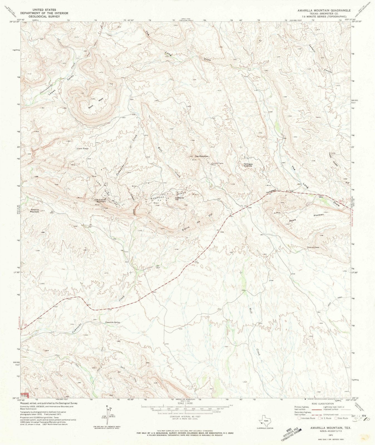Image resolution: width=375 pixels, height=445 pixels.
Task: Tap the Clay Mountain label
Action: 202,156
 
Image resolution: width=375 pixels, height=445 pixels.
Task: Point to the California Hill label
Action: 179,199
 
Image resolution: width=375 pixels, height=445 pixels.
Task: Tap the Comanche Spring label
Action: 113,322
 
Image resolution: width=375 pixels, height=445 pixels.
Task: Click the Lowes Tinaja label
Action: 83,149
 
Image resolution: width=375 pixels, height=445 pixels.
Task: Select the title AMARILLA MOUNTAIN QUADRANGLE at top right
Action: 324,10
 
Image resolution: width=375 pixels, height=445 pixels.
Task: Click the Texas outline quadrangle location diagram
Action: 264,421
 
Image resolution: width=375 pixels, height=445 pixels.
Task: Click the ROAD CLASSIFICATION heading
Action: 322,404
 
